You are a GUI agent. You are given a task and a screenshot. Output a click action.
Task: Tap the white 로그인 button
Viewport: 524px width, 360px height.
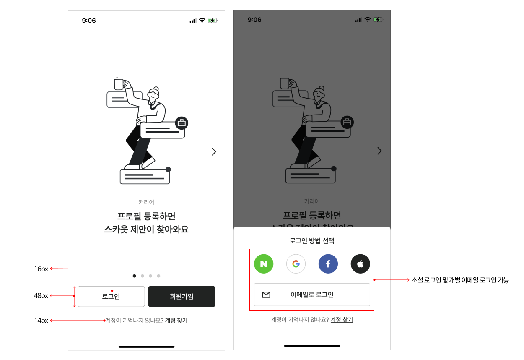[111, 297]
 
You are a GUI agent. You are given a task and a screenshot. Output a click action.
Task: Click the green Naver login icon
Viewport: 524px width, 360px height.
[264, 264]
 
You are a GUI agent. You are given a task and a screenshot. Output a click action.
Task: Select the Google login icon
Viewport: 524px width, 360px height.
[296, 264]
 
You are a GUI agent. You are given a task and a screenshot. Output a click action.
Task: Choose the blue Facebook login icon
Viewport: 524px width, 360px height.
[328, 264]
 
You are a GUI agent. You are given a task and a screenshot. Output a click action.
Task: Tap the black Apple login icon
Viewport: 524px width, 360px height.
[361, 264]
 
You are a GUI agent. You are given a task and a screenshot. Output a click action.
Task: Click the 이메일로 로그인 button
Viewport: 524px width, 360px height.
[312, 295]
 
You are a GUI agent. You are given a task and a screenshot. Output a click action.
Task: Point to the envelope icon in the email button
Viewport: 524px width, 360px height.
[266, 295]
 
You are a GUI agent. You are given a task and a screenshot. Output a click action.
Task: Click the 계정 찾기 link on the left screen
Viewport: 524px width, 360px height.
[176, 321]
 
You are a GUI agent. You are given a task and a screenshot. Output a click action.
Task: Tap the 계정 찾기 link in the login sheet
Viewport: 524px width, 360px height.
[342, 320]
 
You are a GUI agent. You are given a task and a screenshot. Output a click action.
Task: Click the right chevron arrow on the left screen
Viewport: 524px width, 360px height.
[214, 151]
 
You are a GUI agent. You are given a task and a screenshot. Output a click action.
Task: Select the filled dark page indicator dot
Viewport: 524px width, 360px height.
[134, 276]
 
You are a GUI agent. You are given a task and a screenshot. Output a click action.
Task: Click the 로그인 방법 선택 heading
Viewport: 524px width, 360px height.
[312, 241]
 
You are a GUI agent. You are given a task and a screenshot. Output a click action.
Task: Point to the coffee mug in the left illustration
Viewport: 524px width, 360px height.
[119, 84]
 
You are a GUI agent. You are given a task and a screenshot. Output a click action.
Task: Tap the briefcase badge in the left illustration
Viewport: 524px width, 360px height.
[182, 123]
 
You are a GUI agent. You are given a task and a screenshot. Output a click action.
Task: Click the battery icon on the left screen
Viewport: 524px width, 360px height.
[213, 21]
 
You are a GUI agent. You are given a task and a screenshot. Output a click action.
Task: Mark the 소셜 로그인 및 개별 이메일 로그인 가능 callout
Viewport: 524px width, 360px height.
[460, 280]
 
